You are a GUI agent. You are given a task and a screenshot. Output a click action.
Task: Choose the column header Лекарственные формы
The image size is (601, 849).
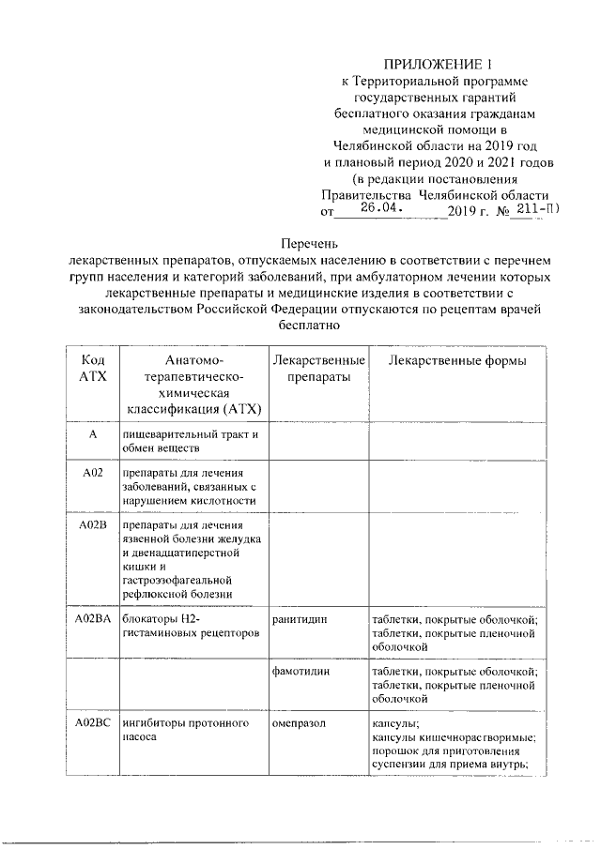(457, 361)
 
